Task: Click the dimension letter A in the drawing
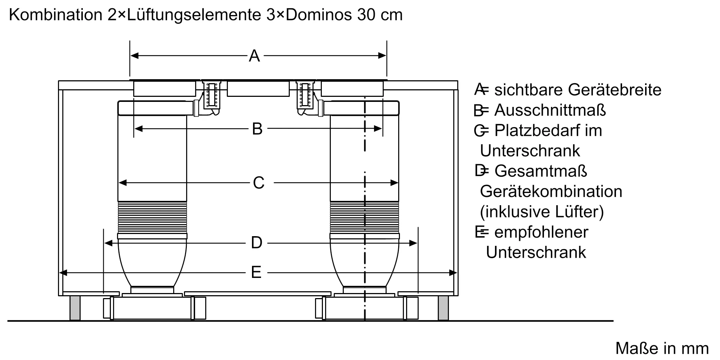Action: coord(254,56)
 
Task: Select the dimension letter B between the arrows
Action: coord(257,129)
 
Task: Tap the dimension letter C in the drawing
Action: coord(258,183)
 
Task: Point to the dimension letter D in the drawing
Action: coord(256,243)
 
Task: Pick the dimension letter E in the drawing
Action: coord(256,273)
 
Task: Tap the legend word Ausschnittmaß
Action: coord(550,110)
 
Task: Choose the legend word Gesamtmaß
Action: coord(541,171)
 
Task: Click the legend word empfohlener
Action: coord(541,232)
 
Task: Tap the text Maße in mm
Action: coord(662,348)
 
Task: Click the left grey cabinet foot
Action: coord(75,308)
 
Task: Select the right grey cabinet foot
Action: coord(443,308)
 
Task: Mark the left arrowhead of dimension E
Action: coord(63,273)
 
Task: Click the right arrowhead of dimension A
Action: coord(382,55)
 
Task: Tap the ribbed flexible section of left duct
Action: coord(152,217)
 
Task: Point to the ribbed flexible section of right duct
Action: coord(364,217)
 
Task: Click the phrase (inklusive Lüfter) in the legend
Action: coord(541,212)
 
